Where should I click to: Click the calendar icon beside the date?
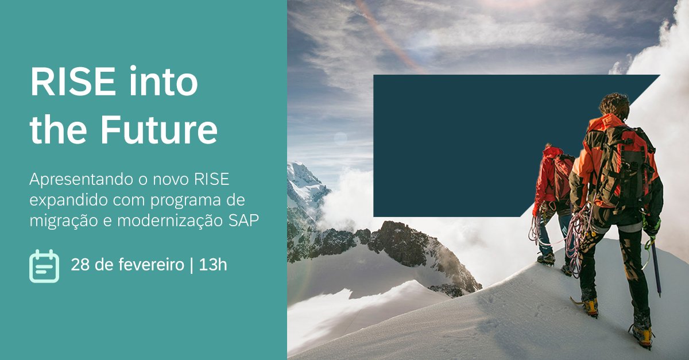[44, 266]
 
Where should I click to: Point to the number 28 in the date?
[79, 265]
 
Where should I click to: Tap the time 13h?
[213, 265]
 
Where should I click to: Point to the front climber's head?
[615, 106]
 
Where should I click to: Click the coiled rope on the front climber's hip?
[578, 235]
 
